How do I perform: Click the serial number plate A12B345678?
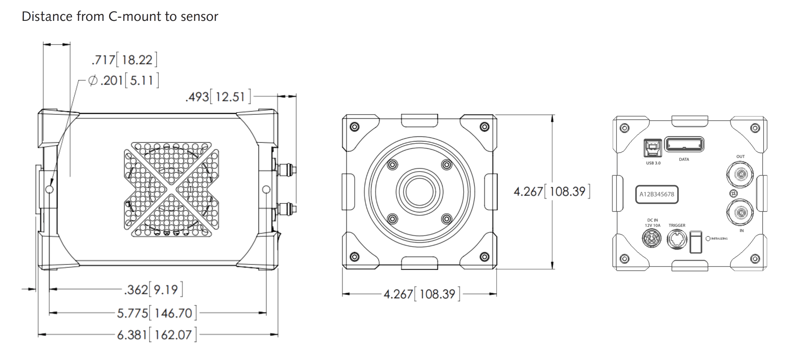(x=656, y=194)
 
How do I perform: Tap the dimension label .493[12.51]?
(x=218, y=97)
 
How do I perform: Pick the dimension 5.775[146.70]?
(x=156, y=313)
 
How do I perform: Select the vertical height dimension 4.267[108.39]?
(x=552, y=192)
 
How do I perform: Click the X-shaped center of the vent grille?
(x=172, y=190)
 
